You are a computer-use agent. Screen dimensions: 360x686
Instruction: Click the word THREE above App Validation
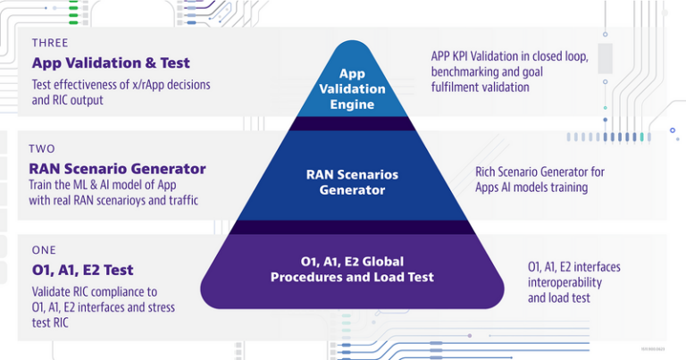[50, 42]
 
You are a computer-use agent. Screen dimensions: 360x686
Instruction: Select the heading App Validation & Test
[111, 63]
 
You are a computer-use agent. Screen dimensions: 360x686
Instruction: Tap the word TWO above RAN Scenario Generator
[42, 148]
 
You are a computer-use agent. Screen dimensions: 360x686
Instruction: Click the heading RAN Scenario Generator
[117, 169]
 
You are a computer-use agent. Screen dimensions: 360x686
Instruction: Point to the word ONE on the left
[44, 250]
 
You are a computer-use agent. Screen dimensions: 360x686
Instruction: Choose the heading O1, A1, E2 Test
[82, 270]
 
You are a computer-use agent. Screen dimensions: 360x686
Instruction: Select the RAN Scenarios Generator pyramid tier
[352, 181]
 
